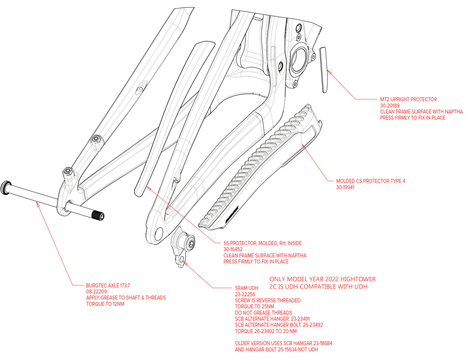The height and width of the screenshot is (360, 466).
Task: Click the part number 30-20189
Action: tap(390, 106)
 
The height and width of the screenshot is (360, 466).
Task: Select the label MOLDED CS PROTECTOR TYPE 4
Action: tap(370, 181)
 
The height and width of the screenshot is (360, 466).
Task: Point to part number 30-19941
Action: tap(345, 187)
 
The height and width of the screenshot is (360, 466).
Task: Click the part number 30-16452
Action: tap(233, 249)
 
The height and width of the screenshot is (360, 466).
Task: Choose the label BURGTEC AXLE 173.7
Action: tap(108, 286)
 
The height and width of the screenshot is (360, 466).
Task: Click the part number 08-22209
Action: tap(96, 292)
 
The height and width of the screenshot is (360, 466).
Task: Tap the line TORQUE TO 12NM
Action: tap(105, 304)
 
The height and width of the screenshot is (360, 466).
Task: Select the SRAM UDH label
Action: tap(247, 288)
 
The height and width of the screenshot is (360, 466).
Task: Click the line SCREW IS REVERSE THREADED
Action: tap(268, 301)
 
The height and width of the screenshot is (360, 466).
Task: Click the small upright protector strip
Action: tap(324, 70)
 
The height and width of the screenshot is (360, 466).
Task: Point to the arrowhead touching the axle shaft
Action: tap(38, 205)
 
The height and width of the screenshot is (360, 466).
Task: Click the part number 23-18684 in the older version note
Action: tap(322, 343)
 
